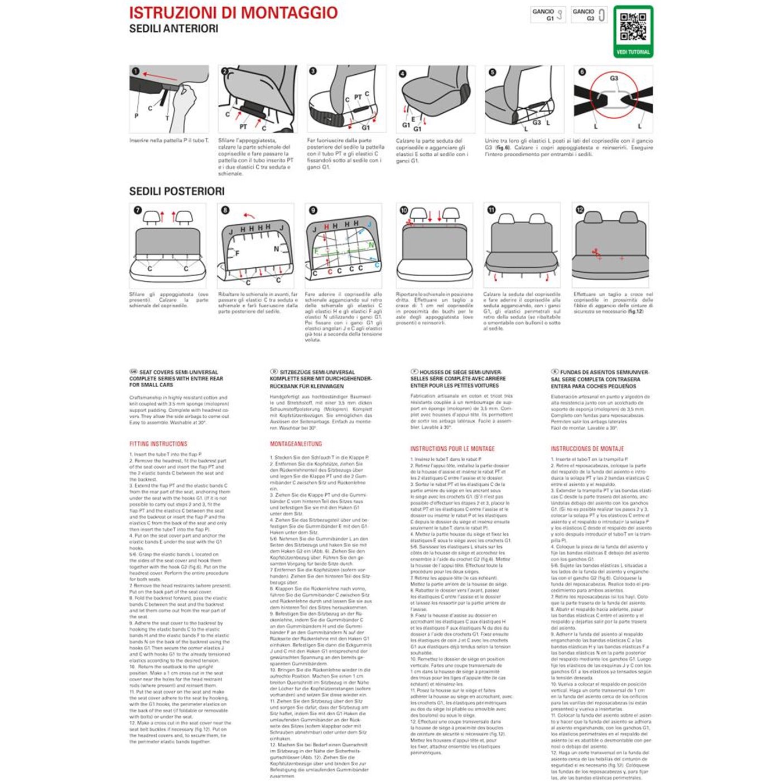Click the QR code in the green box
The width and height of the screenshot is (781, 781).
tap(633, 27)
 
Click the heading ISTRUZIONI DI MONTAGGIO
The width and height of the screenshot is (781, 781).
tap(233, 13)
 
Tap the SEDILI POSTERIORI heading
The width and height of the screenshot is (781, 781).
tap(177, 191)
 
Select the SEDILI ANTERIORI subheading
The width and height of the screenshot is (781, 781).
tap(173, 28)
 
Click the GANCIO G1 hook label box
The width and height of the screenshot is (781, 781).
tap(548, 15)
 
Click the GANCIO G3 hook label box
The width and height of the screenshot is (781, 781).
tap(589, 15)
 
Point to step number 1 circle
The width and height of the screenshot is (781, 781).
tap(136, 71)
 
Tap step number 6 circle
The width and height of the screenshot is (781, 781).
tap(582, 72)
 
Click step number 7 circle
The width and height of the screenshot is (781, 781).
tap(138, 210)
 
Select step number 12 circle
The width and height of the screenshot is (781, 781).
tap(580, 210)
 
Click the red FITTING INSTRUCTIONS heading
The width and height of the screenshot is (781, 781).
tap(158, 444)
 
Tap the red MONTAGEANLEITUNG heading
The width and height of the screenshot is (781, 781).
tap(296, 444)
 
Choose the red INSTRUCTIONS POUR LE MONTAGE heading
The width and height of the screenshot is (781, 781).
tap(452, 449)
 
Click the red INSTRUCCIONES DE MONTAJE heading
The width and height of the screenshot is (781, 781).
tap(587, 449)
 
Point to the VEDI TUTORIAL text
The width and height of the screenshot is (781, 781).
tap(633, 52)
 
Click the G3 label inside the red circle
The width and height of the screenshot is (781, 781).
tap(614, 79)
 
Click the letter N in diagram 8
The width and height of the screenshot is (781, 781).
tap(276, 249)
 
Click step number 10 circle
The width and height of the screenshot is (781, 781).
tap(404, 210)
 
